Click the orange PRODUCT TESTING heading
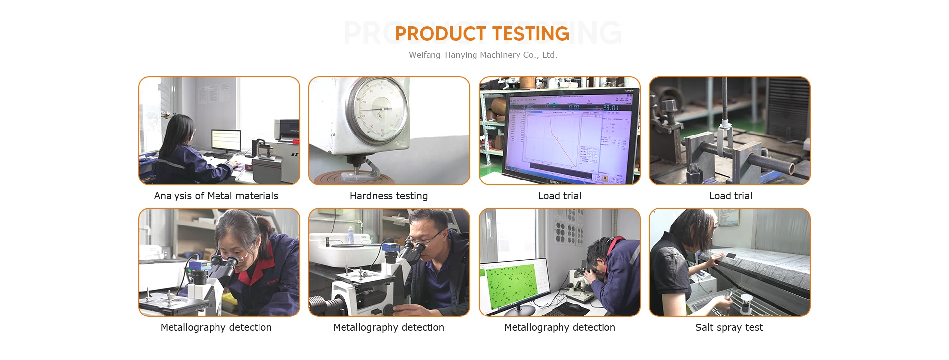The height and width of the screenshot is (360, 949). [482, 34]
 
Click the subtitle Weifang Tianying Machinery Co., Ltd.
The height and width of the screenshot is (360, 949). [483, 55]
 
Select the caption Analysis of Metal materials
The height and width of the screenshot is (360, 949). [216, 196]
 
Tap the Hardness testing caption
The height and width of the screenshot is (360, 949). [388, 196]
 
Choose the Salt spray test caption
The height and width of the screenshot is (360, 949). [729, 327]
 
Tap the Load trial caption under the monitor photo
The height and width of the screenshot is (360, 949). [560, 196]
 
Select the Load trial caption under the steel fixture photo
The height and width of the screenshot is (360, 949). [731, 196]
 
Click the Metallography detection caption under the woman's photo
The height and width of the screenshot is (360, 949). [216, 327]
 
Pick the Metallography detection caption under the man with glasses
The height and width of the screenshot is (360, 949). [388, 327]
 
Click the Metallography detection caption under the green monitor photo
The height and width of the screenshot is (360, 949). [560, 327]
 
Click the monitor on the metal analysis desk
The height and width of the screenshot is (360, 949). [226, 140]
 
